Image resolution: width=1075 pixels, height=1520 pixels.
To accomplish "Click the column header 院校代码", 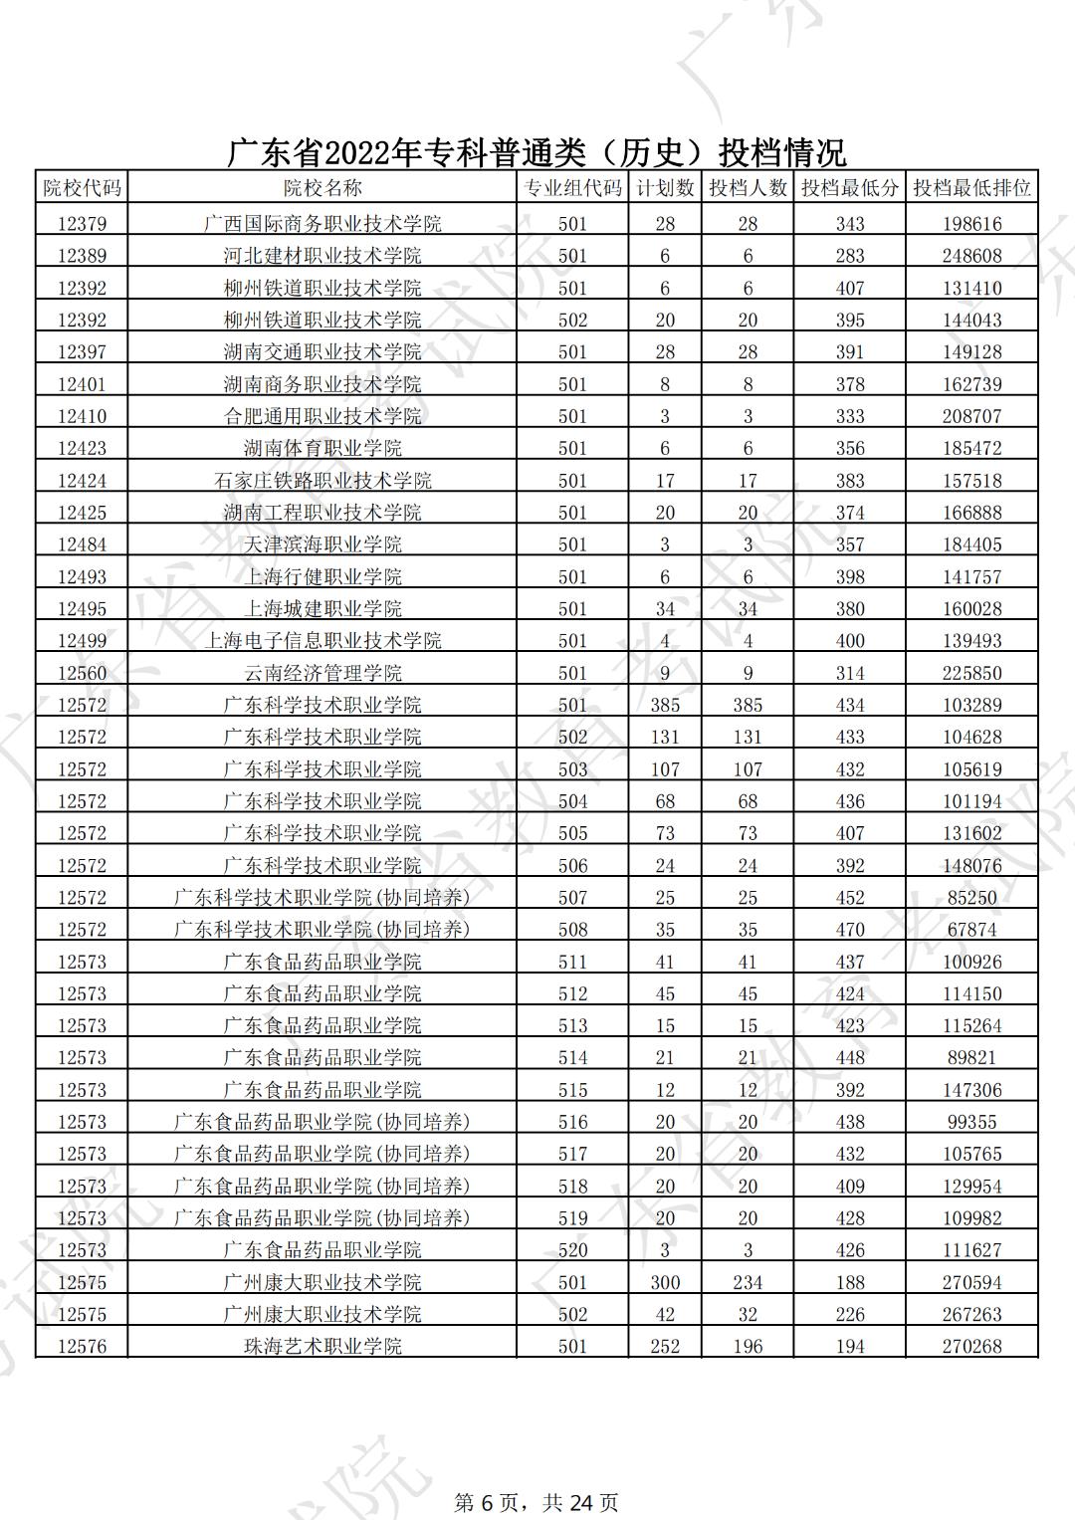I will tap(82, 188).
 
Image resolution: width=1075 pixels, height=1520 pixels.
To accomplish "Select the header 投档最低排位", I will tap(971, 188).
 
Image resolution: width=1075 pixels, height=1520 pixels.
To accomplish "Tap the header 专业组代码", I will tap(572, 188).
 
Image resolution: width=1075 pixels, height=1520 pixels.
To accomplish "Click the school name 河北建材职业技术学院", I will tap(322, 256).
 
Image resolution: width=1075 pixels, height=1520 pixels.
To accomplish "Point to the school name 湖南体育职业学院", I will tap(322, 448).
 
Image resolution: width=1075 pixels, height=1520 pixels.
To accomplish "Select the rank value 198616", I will tap(971, 224).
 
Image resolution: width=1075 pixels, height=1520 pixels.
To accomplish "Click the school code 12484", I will tap(82, 544).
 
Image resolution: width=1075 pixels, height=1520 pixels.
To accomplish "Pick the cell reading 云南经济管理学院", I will tap(322, 673).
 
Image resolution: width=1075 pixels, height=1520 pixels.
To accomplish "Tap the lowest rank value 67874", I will tap(971, 930).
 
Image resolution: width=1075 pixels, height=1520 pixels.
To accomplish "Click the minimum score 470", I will tap(850, 930).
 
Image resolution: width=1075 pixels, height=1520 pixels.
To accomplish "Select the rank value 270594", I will tap(971, 1282).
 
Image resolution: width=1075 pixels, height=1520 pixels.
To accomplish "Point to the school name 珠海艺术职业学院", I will tap(322, 1347).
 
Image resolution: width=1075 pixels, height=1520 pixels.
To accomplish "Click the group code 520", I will tap(572, 1250).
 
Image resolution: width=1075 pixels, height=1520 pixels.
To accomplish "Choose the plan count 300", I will tap(665, 1282).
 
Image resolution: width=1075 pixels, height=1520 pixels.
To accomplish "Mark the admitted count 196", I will tap(748, 1347).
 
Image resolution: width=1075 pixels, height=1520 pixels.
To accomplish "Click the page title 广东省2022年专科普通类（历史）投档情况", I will tap(537, 152).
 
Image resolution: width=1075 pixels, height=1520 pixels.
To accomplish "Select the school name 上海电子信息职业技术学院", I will tap(322, 641).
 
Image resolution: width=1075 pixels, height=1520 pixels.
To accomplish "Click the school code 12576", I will tap(82, 1347).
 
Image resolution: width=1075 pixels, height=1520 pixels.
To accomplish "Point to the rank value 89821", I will tap(971, 1057).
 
